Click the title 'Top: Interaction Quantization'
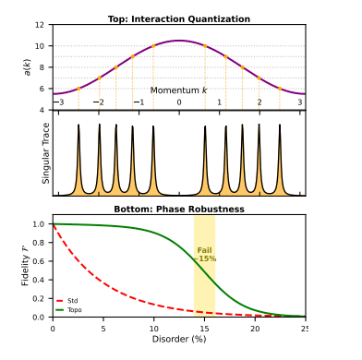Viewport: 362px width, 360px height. coord(179,19)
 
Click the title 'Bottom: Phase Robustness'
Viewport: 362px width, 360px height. coord(179,210)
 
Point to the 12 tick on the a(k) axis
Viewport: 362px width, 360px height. coord(40,25)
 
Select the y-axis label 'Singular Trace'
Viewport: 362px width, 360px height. coord(45,153)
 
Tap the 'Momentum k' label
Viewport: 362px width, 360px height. coord(178,90)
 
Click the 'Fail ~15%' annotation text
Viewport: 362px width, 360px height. coord(205,255)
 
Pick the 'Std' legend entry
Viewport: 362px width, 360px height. coord(67,301)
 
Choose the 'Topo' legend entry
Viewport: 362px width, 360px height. coord(69,310)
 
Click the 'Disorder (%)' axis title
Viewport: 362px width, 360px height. coord(179,339)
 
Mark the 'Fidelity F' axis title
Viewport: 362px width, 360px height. coord(25,266)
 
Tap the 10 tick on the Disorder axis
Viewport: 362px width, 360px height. coord(154,329)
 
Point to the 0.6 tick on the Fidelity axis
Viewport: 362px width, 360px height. coord(39,261)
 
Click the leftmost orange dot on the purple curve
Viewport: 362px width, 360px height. coord(78,89)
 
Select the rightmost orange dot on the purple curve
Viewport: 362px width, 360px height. coord(280,89)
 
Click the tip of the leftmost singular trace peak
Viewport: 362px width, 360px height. coord(78,125)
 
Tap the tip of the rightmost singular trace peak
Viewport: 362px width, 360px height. coord(280,125)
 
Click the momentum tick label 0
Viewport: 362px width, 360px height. coord(179,102)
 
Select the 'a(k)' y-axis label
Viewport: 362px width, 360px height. coord(28,67)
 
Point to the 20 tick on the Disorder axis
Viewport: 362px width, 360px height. coord(255,329)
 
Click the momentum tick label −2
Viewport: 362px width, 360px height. coord(99,102)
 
